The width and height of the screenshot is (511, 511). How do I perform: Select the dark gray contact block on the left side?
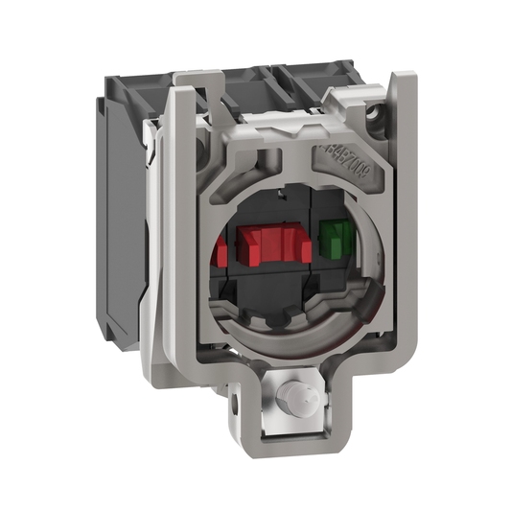tap(121, 192)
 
